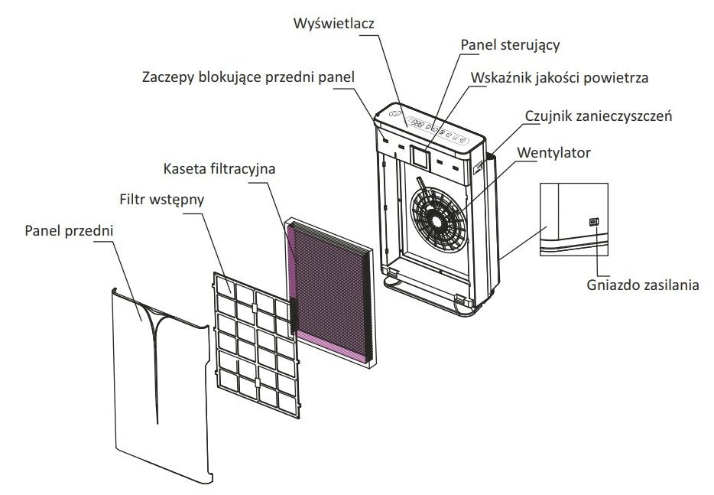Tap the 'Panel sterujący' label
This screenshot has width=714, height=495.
coord(510,44)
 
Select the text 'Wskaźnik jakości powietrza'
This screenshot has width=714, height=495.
coord(561,77)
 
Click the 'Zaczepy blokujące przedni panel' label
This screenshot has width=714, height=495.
coord(250,77)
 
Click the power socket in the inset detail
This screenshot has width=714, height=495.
coord(594,222)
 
